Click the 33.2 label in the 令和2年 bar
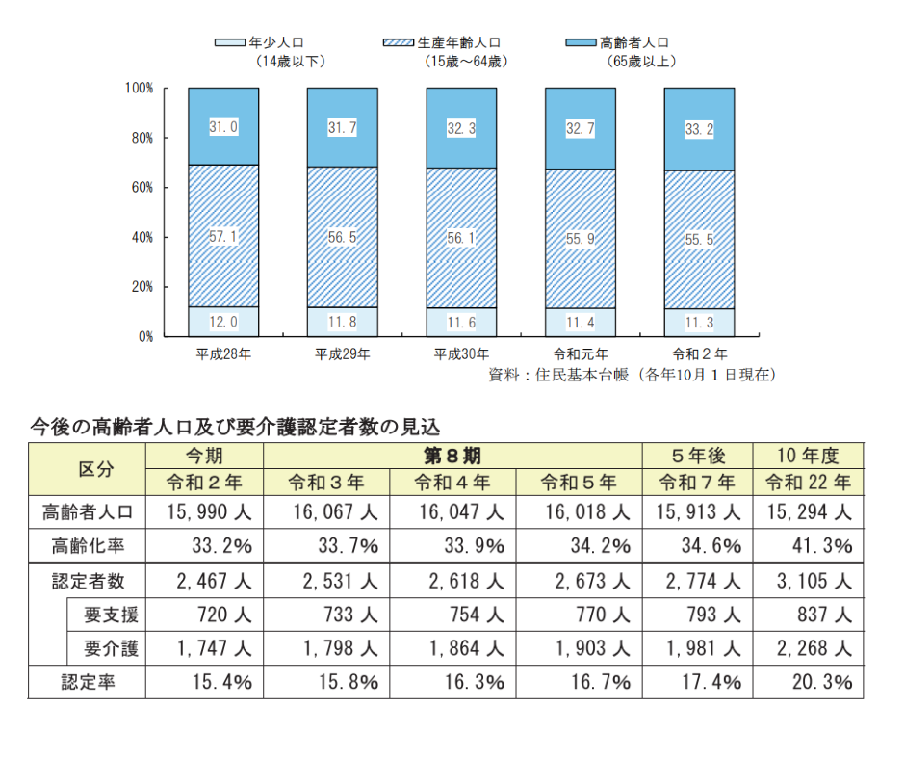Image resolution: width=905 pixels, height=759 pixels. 699,128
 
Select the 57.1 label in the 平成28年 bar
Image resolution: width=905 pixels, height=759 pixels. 223,236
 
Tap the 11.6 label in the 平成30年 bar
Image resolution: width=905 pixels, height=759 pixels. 461,322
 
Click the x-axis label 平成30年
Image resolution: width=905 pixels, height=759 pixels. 461,353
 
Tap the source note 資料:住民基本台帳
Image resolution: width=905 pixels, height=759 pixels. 632,375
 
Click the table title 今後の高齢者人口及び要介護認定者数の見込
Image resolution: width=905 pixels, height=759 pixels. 236,424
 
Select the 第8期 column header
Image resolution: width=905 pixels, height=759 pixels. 452,456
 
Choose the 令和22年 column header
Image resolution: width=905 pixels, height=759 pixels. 807,482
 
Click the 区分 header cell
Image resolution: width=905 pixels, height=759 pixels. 88,468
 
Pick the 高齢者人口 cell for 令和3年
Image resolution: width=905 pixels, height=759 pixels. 326,512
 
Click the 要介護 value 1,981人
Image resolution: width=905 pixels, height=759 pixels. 698,648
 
